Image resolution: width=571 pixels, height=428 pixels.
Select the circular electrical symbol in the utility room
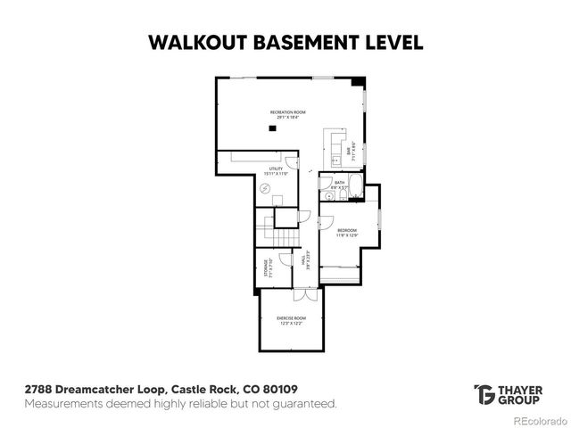(x=265, y=188)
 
